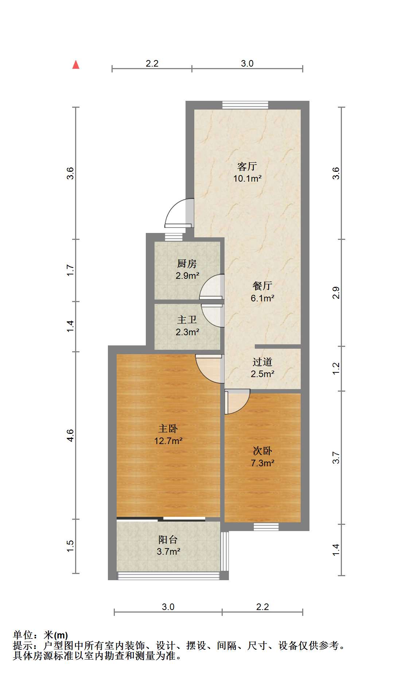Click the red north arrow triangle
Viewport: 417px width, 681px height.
tap(76, 65)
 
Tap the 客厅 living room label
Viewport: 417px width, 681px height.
tap(247, 167)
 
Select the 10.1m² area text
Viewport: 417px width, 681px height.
tap(248, 178)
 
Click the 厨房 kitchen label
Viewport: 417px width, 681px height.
tap(187, 264)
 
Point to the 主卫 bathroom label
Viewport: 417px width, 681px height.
tap(187, 320)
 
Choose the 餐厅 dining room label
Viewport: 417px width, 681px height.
tap(262, 286)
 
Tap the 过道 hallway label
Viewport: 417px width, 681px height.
tap(262, 362)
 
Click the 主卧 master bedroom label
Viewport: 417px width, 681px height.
tap(168, 429)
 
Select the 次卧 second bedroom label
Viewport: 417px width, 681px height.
tap(262, 451)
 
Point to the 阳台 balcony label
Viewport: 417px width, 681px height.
tap(168, 539)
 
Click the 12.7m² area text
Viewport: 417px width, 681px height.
tap(168, 441)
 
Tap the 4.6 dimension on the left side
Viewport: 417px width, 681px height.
tap(70, 435)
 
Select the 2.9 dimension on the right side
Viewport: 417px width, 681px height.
tap(336, 293)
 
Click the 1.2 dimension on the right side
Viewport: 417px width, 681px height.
tap(336, 368)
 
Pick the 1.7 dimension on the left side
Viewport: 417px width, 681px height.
tap(70, 270)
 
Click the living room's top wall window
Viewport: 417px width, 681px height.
tap(245, 105)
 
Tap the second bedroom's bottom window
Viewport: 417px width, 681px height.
tap(266, 527)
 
